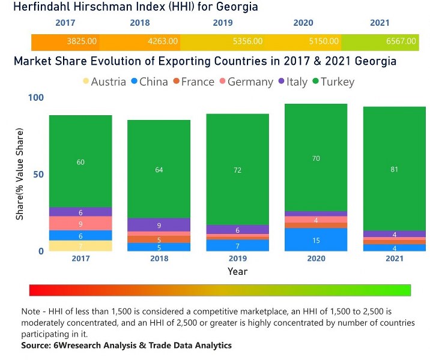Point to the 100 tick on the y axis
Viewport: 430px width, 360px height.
[x=36, y=97]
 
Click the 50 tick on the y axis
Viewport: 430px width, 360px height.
[x=38, y=174]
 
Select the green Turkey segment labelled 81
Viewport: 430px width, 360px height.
[x=394, y=169]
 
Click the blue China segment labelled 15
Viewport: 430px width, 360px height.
[x=316, y=240]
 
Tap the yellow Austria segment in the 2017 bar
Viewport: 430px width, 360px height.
[x=80, y=246]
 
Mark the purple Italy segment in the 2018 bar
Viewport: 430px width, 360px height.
[x=159, y=225]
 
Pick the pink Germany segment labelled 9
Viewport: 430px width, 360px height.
[x=80, y=223]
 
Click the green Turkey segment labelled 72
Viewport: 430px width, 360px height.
[x=237, y=170]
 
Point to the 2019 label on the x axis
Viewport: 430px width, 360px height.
[x=237, y=259]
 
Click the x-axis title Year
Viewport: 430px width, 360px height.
[x=237, y=271]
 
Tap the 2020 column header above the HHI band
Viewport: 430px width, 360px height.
[x=303, y=23]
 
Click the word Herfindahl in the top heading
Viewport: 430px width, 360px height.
[x=43, y=7]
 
